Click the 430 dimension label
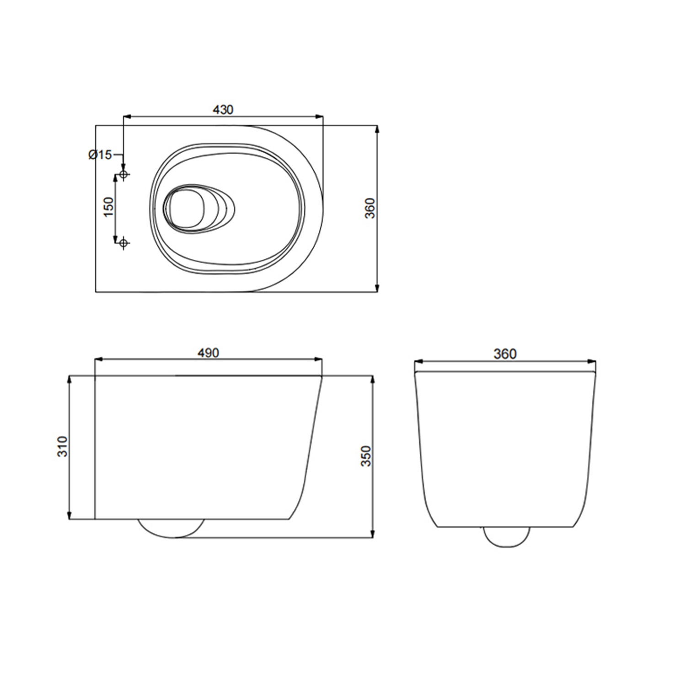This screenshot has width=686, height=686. pos(223,110)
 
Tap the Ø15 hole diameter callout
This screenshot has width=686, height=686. pos(100,155)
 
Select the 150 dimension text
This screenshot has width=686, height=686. pos(108,207)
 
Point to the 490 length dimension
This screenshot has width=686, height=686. pos(208,353)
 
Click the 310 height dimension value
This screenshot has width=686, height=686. pos(62,446)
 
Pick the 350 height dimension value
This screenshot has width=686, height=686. pos(367,456)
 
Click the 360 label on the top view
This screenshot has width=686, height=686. pos(370,208)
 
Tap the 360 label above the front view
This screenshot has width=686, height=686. pos(505,354)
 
